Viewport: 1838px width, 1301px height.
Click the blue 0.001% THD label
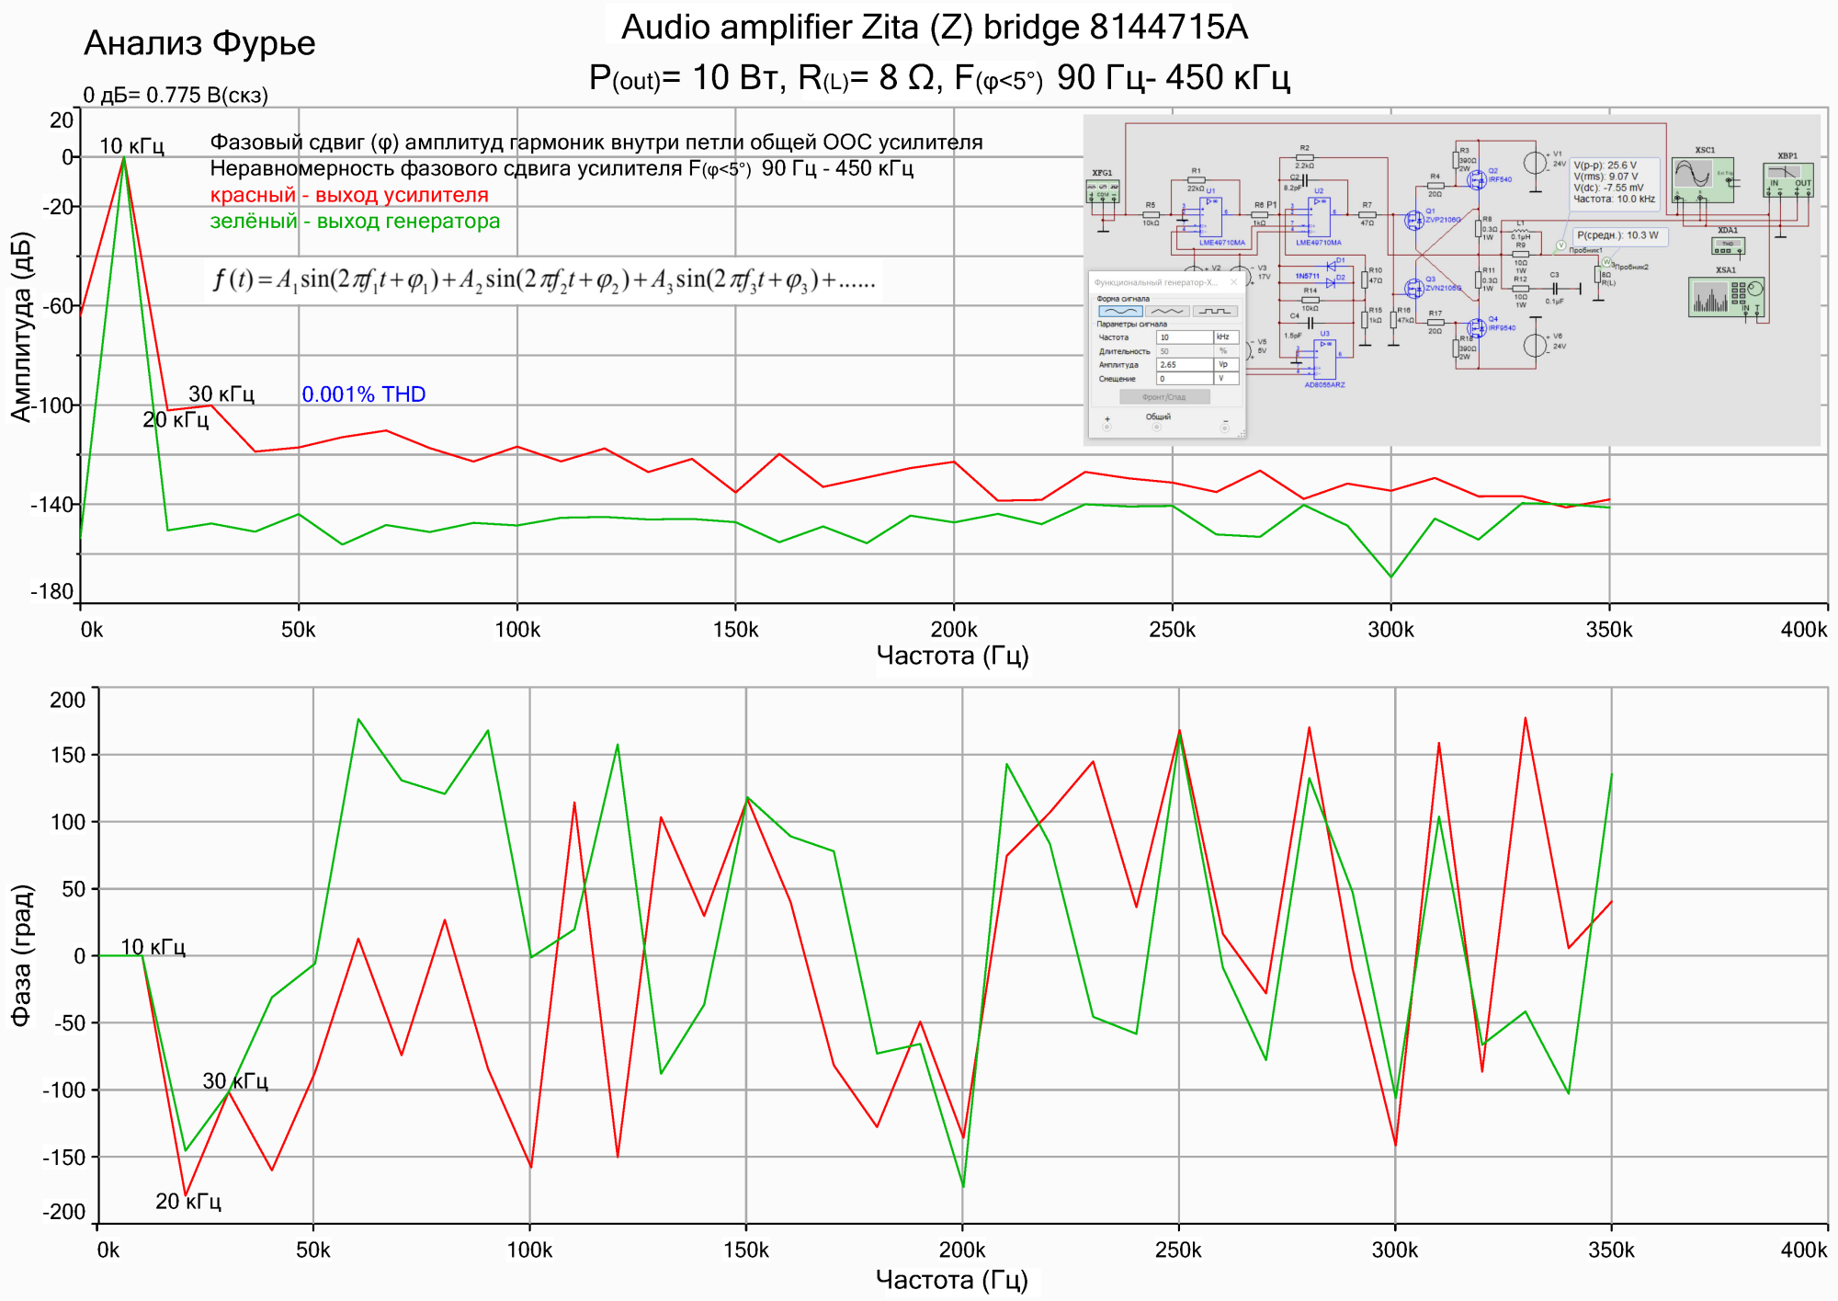coord(363,394)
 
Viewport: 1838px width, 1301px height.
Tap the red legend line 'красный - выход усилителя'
coord(349,195)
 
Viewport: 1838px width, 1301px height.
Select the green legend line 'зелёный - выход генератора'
coord(355,222)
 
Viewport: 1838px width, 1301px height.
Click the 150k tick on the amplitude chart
coord(735,630)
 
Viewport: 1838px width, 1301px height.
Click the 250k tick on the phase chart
coord(1178,1250)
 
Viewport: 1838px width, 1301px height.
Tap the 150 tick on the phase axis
coord(68,755)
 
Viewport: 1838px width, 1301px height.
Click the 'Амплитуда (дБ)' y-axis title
coord(21,326)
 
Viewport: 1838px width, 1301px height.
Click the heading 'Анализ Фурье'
coord(199,43)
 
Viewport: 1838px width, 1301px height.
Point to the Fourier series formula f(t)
coord(543,279)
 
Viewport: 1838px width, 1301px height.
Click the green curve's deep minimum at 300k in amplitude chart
coord(1391,576)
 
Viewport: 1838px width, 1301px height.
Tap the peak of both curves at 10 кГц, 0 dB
coord(124,158)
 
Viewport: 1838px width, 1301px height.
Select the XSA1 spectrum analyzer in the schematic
coord(1726,296)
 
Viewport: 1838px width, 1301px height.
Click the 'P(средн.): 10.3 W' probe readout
coord(1617,235)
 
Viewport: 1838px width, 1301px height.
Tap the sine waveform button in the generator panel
coord(1120,312)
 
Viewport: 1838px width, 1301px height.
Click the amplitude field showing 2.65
coord(1184,365)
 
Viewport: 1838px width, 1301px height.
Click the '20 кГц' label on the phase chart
coord(188,1202)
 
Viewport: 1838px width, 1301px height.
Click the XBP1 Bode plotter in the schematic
coord(1787,179)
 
